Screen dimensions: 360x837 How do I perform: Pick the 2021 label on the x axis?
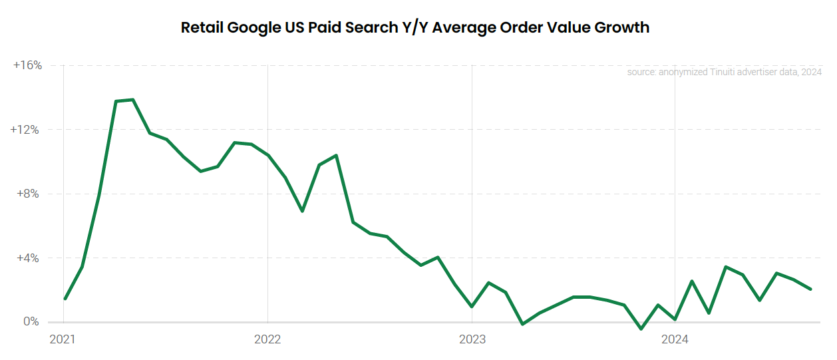coord(63,339)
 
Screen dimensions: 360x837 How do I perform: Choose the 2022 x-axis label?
coord(267,339)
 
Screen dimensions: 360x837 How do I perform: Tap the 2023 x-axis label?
coord(471,339)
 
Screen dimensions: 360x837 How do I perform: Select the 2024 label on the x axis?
coord(675,339)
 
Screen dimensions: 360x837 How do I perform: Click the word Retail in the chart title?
coord(202,28)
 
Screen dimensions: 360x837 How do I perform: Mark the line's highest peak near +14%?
coord(133,100)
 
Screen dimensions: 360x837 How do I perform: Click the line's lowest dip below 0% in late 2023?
coord(641,329)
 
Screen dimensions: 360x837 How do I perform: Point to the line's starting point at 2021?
coord(65,299)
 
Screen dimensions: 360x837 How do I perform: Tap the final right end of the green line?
coord(810,289)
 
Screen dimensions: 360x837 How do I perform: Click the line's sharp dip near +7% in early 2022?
coord(302,211)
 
